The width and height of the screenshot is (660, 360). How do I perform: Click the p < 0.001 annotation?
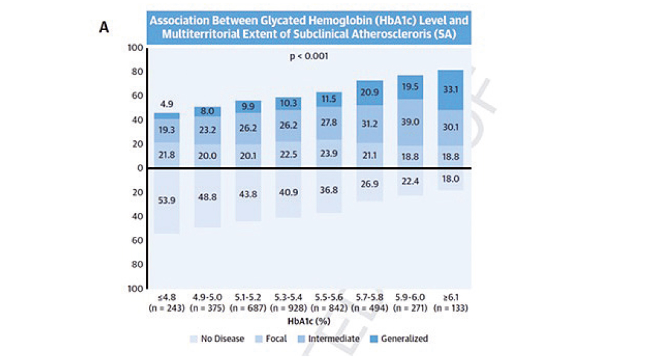coord(309,56)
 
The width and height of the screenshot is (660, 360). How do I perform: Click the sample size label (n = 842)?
coord(329,308)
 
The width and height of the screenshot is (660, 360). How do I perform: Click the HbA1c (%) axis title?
coord(308,321)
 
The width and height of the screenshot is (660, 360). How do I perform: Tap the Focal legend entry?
coord(276,339)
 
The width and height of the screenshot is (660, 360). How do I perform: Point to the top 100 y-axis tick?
coord(135,48)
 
